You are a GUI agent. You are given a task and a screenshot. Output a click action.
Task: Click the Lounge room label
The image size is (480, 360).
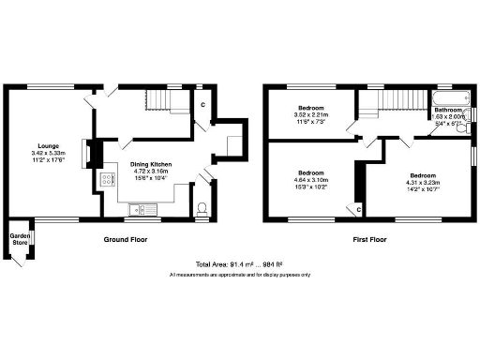[x=48, y=146]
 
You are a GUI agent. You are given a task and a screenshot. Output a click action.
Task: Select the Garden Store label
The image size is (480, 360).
[x=19, y=239]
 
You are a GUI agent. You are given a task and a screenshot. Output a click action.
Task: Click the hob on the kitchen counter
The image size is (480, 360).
[x=106, y=180]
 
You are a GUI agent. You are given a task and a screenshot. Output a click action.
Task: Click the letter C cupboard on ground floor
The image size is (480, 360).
[x=202, y=104]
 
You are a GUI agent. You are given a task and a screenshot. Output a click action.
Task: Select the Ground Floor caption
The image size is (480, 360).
[x=125, y=240]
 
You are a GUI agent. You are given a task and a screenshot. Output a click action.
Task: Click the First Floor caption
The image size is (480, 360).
[x=370, y=240]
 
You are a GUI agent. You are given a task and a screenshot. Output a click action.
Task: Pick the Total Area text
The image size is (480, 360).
[x=239, y=264]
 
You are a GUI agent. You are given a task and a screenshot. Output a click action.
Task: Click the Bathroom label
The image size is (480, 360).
[x=447, y=110]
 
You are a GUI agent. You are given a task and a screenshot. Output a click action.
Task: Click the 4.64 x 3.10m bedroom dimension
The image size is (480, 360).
[x=310, y=181]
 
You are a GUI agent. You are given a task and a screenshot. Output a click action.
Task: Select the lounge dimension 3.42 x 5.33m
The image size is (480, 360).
[x=48, y=154]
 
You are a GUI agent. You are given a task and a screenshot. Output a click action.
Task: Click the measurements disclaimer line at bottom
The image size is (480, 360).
[x=239, y=275]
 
